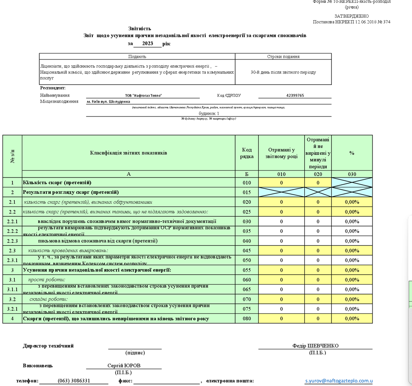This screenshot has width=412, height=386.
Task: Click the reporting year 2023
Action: click(148, 44)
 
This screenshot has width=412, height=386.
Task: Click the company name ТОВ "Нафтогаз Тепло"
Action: click(143, 96)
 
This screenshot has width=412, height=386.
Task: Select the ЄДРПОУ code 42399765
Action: click(295, 96)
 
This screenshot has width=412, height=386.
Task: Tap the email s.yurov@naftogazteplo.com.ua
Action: click(339, 381)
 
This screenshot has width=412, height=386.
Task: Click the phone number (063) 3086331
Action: click(74, 381)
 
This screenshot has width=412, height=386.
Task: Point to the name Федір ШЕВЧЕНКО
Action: click(315, 346)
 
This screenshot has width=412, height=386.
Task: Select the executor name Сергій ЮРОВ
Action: click(124, 366)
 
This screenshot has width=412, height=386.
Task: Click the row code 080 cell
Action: click(247, 319)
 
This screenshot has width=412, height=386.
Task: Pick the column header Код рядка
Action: click(247, 153)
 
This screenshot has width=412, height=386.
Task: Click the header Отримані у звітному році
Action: click(281, 153)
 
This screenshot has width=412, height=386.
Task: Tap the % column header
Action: click(352, 153)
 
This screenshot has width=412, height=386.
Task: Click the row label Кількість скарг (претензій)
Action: click(57, 183)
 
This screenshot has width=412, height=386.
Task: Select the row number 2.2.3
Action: click(12, 241)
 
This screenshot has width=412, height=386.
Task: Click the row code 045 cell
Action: click(247, 250)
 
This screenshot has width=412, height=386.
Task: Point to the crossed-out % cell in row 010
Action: click(352, 183)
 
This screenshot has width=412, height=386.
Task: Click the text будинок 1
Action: click(209, 114)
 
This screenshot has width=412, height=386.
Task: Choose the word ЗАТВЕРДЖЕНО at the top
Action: click(351, 16)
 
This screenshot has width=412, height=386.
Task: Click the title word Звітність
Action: click(140, 28)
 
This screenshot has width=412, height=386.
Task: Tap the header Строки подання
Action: click(283, 57)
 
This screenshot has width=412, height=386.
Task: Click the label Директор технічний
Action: click(48, 346)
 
